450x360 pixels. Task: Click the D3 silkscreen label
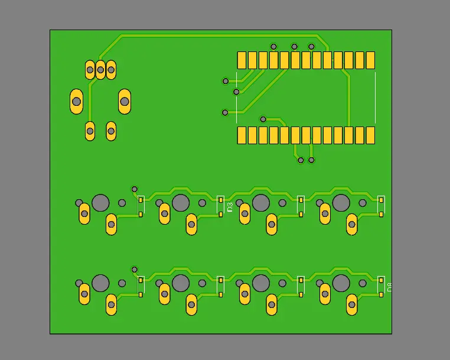click(x=230, y=207)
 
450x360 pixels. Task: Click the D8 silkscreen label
click(x=389, y=288)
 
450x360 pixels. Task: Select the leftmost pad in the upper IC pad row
click(x=242, y=60)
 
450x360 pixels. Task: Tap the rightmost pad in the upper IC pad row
click(x=370, y=60)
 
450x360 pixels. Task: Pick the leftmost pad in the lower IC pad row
click(x=242, y=135)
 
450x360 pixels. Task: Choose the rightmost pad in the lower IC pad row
click(x=370, y=135)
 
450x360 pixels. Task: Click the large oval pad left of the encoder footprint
click(x=76, y=101)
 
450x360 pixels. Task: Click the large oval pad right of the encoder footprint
click(x=125, y=101)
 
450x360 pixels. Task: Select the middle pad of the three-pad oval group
click(x=100, y=70)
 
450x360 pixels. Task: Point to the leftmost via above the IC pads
click(x=273, y=46)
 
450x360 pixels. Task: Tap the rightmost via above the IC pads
click(x=311, y=46)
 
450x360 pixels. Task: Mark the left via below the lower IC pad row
click(x=301, y=160)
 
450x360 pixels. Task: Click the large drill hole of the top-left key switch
click(x=100, y=203)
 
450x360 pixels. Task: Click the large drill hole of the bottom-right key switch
click(x=341, y=283)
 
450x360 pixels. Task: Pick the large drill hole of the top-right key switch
click(x=341, y=203)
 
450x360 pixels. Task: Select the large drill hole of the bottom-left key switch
click(x=100, y=283)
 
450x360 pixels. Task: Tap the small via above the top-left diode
click(x=134, y=189)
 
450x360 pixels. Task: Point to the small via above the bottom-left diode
click(x=134, y=270)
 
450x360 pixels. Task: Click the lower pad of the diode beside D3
click(x=221, y=213)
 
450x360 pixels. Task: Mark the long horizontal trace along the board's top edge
click(x=219, y=35)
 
